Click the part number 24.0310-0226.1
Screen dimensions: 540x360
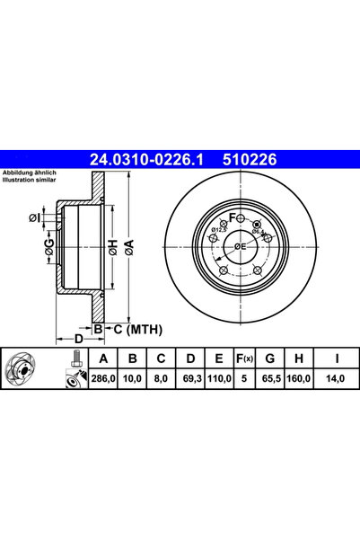pos(145,160)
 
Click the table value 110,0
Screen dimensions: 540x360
pos(215,380)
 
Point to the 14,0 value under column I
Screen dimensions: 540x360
pos(337,380)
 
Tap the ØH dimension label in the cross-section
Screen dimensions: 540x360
pos(113,244)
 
